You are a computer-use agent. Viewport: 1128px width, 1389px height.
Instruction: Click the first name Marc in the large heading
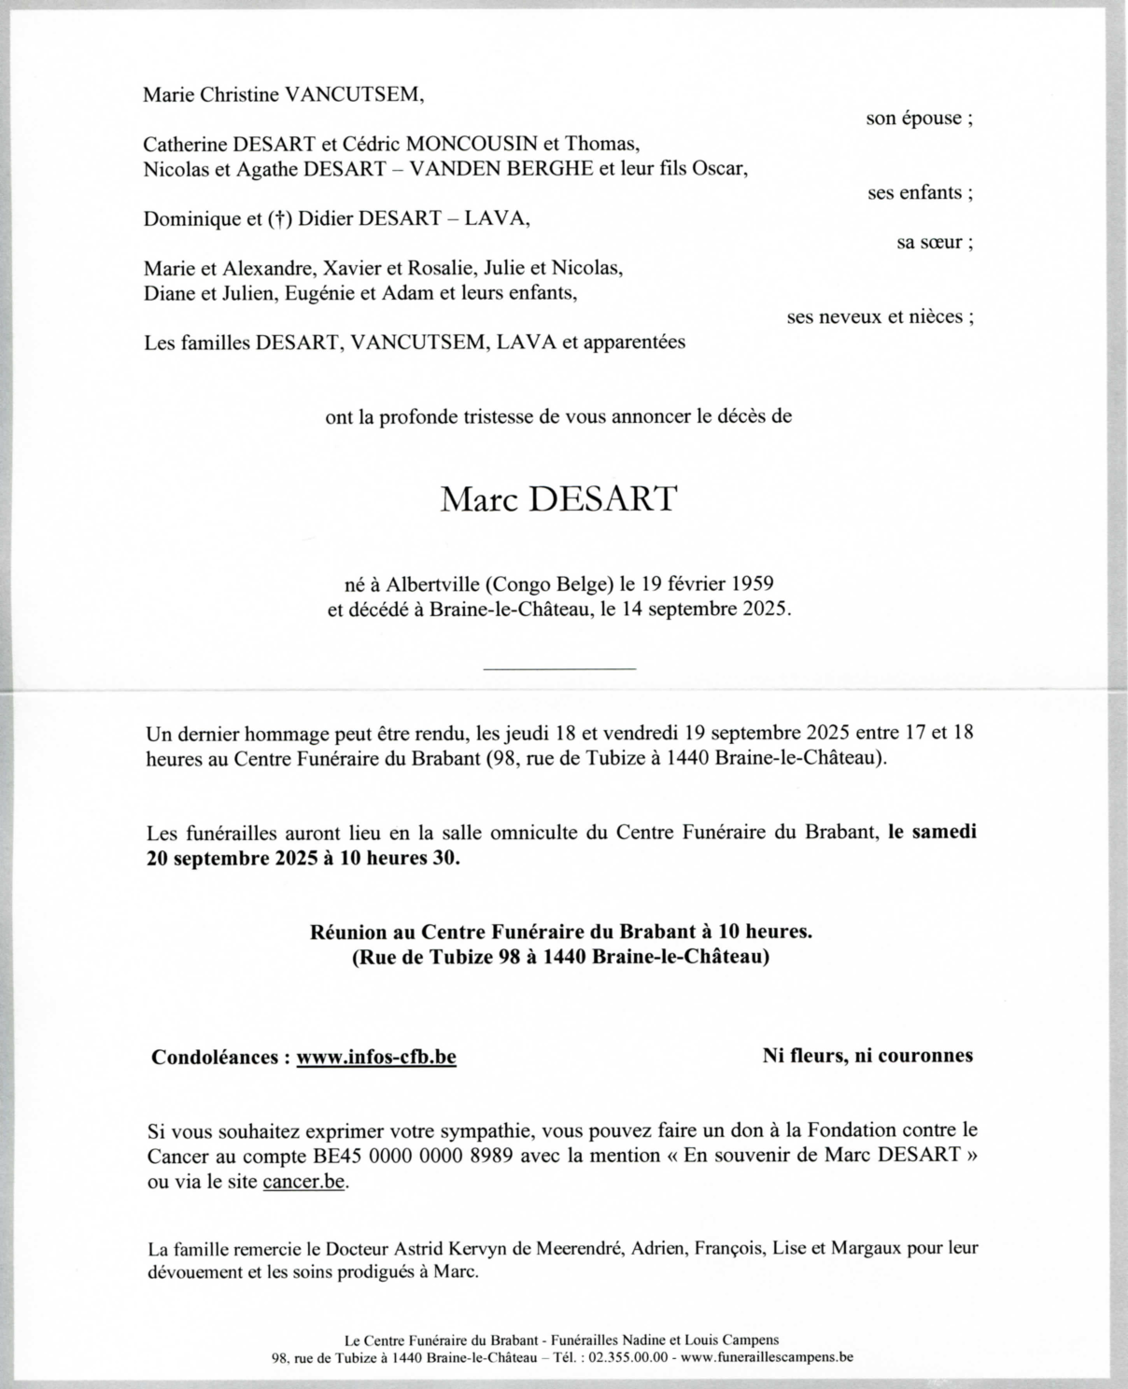(x=479, y=499)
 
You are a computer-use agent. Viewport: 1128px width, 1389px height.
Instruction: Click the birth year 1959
(x=751, y=584)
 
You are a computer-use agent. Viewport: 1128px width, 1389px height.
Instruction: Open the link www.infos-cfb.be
(x=376, y=1058)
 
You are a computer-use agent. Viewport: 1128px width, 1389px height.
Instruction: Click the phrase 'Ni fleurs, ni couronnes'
(x=867, y=1056)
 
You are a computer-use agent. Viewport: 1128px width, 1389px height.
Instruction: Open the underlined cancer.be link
(x=304, y=1182)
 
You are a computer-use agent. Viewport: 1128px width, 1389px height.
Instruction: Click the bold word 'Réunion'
(x=348, y=931)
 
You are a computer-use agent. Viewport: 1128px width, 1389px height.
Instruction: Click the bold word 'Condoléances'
(x=214, y=1058)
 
